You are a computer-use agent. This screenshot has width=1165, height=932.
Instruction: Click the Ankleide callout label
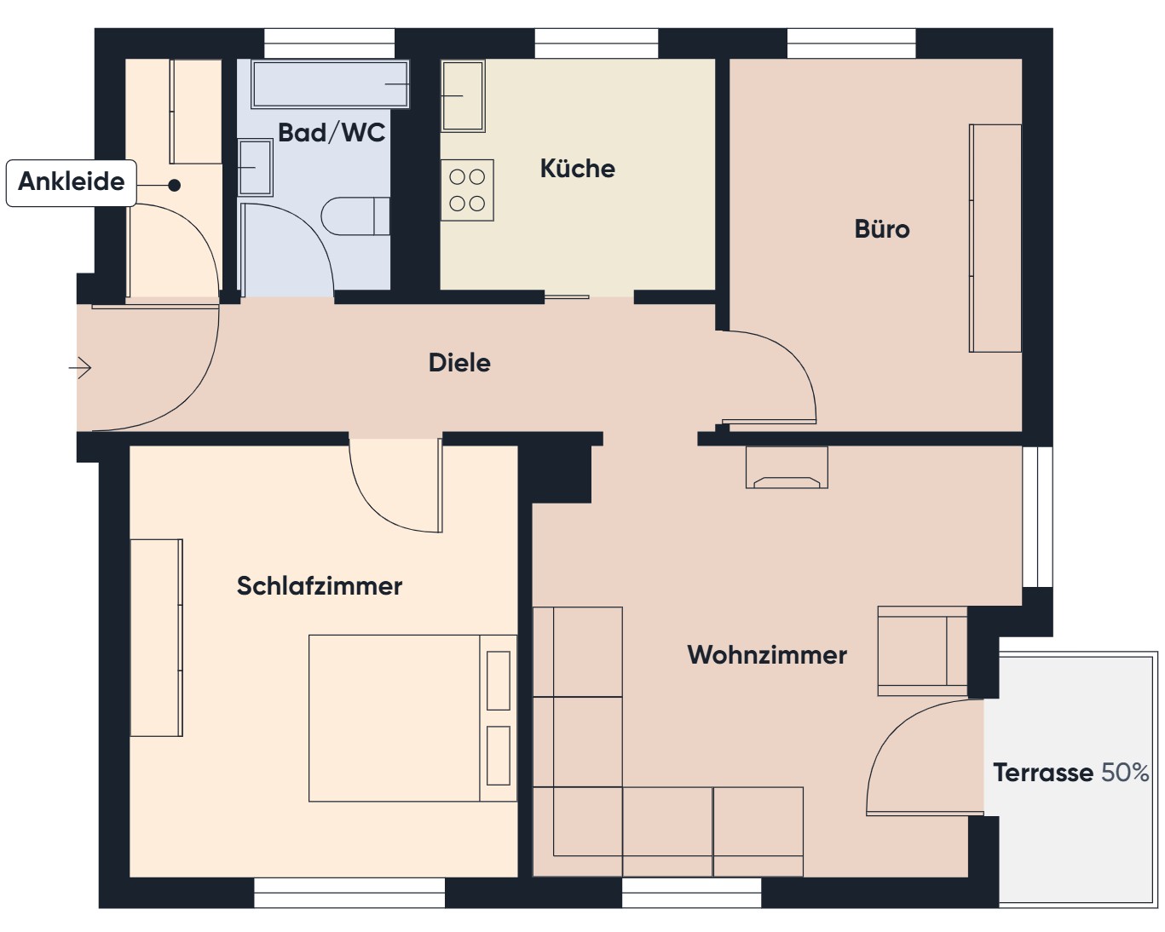(x=71, y=181)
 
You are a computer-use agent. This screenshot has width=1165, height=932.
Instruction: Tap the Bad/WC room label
(x=332, y=133)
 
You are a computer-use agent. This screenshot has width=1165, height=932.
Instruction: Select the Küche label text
(x=578, y=169)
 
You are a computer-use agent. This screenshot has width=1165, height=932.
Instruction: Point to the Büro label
(x=882, y=229)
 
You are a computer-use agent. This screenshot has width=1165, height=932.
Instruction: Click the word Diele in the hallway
(x=459, y=363)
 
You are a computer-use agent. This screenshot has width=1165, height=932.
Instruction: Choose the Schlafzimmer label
(x=320, y=585)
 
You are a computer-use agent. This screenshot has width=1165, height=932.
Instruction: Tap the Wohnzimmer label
(x=767, y=655)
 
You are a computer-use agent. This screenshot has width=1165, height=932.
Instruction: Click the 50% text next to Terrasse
(x=1125, y=773)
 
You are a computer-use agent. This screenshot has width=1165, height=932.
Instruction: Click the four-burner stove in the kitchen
(x=467, y=190)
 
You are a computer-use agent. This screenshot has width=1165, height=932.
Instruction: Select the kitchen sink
(x=463, y=95)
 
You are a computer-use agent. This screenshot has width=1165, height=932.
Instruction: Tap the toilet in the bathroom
(x=355, y=216)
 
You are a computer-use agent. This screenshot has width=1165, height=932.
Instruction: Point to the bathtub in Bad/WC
(x=330, y=83)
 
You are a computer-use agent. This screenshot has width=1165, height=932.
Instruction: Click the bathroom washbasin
(x=255, y=167)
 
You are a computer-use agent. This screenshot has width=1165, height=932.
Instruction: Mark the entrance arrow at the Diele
(x=80, y=368)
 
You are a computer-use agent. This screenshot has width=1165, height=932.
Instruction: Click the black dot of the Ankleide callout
(x=175, y=185)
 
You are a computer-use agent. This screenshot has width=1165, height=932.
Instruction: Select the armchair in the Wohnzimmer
(x=922, y=651)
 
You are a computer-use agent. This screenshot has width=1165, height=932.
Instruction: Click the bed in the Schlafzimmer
(x=412, y=718)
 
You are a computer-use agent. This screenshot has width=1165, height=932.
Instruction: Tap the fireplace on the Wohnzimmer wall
(x=787, y=468)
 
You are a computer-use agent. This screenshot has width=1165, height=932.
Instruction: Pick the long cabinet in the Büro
(x=995, y=239)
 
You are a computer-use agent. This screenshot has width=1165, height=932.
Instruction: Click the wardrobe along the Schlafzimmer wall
(x=157, y=637)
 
